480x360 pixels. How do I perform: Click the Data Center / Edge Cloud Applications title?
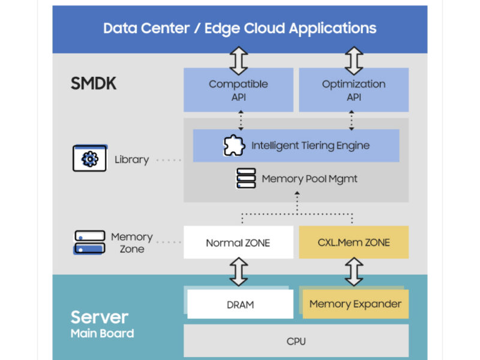239,28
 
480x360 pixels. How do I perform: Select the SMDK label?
94,84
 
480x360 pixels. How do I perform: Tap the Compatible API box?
238,90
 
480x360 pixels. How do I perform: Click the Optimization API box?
353,90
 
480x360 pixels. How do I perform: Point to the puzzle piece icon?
234,146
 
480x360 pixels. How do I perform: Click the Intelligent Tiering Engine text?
310,146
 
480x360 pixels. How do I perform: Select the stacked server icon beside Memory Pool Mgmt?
246,179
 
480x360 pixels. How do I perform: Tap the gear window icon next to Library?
89,158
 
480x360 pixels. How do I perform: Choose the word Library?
131,160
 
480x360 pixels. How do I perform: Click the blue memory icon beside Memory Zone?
88,242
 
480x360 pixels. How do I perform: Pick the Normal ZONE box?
238,242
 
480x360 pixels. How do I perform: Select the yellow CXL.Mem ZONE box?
353,242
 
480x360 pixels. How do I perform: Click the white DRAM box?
239,305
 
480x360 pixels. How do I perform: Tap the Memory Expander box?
355,304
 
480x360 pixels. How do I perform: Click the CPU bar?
296,341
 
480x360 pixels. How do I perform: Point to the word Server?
99,317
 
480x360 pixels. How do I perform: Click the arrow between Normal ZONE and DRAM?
239,272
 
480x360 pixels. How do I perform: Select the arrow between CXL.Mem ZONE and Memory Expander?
353,272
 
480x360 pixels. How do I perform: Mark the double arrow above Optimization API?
353,61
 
